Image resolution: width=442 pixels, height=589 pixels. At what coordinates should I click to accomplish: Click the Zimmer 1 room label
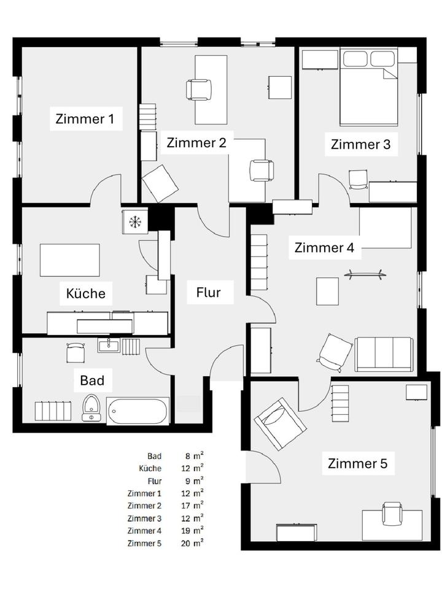click(x=85, y=118)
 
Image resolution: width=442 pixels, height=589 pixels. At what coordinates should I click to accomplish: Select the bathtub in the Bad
click(x=138, y=411)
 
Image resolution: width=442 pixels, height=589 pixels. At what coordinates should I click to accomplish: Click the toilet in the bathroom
click(x=92, y=407)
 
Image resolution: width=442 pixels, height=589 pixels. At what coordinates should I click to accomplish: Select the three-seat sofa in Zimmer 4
click(x=384, y=355)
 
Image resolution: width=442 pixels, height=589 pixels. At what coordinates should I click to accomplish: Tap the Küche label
click(x=85, y=293)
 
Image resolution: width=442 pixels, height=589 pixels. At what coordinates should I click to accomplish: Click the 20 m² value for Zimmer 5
click(x=194, y=543)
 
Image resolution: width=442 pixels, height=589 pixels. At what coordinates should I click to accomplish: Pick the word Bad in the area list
click(x=154, y=456)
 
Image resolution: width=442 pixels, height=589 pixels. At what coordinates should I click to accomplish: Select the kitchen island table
click(x=69, y=260)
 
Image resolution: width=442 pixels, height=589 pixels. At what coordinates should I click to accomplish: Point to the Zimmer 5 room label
click(x=357, y=463)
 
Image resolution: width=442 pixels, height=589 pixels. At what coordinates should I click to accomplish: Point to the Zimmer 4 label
click(x=324, y=248)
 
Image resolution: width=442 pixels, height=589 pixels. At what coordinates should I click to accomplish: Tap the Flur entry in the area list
click(x=154, y=480)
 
